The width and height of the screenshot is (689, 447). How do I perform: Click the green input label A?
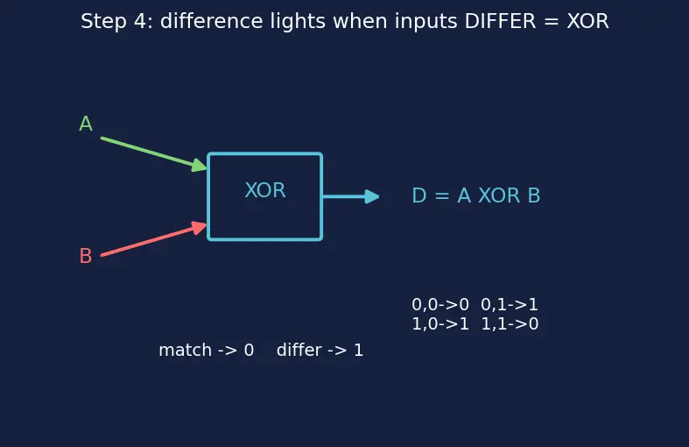point(86,124)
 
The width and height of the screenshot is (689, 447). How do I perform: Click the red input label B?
point(86,256)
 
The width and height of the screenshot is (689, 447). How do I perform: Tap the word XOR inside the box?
point(265,190)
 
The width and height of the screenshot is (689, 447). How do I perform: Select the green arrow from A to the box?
point(154,153)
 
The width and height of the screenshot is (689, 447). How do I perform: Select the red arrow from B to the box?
point(154,240)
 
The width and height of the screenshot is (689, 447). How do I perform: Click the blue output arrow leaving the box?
point(351,196)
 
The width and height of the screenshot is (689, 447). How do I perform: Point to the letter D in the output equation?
point(419,195)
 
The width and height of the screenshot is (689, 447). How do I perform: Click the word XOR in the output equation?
point(499,195)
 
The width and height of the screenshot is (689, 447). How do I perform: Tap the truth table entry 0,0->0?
point(440,304)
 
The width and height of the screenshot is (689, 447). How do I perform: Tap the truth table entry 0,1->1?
point(510,304)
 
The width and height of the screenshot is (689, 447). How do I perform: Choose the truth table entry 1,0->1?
point(440,323)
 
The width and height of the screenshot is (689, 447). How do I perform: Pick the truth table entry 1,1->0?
point(510,323)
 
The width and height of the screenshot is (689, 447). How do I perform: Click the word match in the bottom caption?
point(185,351)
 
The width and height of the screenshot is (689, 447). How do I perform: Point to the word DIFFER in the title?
point(500,21)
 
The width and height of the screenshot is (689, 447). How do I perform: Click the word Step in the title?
point(103,22)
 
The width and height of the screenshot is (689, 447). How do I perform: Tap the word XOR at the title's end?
point(588,21)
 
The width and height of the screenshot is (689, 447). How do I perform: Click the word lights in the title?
point(298,22)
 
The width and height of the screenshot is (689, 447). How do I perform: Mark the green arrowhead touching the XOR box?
point(200,166)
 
